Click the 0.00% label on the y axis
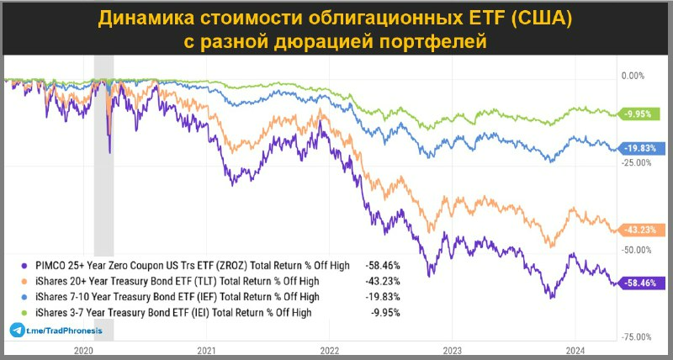[x=631, y=76]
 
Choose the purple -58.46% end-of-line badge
[x=640, y=283]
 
